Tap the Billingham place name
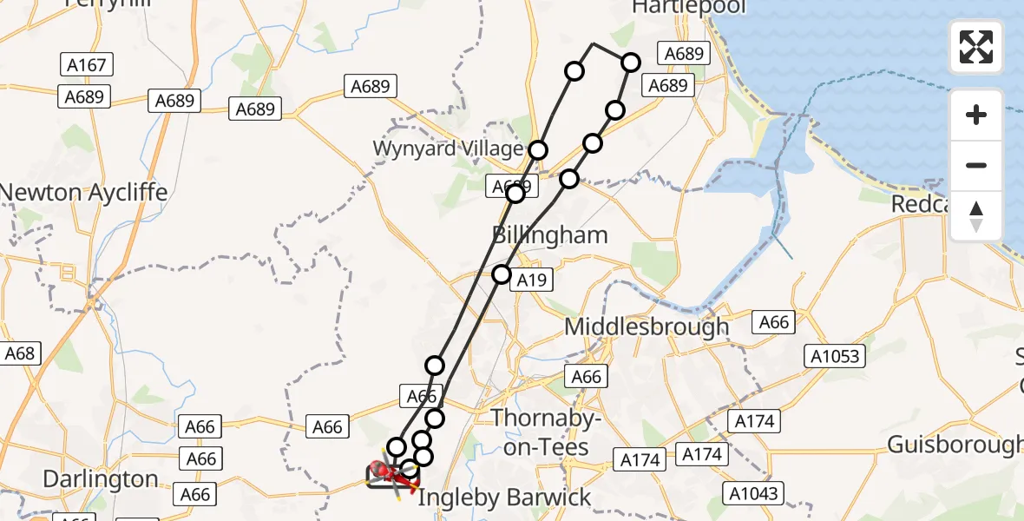550,235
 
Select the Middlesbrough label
647,327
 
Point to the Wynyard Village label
448,148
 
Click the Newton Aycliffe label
84,192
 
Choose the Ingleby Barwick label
504,498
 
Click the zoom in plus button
976,115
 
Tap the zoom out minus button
976,165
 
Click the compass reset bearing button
976,216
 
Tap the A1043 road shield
754,492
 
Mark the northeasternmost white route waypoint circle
631,63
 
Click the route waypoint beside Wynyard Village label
539,150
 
